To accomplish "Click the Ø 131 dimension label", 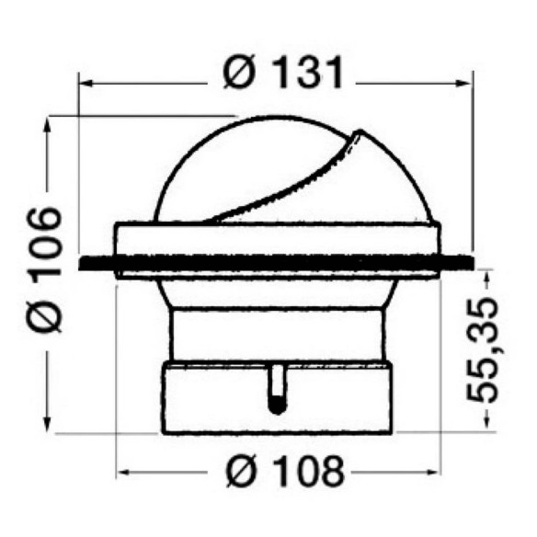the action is click(283, 73).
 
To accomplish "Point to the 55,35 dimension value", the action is click(482, 350).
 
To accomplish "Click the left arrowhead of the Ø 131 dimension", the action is click(86, 84).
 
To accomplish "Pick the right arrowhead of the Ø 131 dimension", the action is click(465, 84).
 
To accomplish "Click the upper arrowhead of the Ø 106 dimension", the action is click(48, 124).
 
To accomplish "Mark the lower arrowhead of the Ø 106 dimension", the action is click(48, 426).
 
